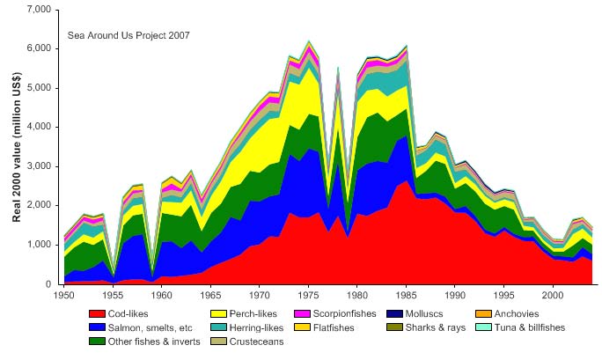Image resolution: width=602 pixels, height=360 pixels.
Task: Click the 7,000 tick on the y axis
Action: click(40, 10)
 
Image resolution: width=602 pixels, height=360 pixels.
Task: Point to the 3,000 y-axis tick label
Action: click(40, 166)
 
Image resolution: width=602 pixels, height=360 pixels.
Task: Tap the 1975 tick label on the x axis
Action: click(309, 293)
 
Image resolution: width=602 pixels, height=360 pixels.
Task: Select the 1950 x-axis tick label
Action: click(63, 293)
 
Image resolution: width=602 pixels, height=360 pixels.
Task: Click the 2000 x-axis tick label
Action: click(554, 293)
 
